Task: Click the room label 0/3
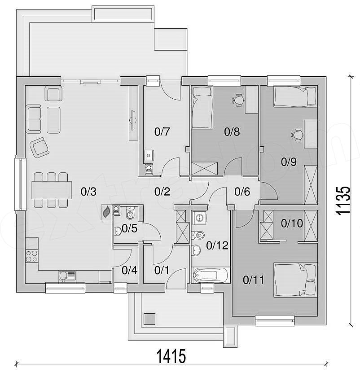[x=88, y=192]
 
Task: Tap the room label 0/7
[x=162, y=131]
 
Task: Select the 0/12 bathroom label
[x=217, y=245]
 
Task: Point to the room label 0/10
[x=292, y=223]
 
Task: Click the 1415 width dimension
[x=171, y=356]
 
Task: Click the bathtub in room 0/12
[x=211, y=275]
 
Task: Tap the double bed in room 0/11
[x=295, y=280]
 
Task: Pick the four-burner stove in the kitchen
[x=31, y=256]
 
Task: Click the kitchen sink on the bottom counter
[x=67, y=276]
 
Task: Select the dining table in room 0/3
[x=52, y=190]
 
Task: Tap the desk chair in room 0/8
[x=237, y=100]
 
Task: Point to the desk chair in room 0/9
[x=297, y=135]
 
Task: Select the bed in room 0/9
[x=295, y=96]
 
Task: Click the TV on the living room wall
[x=133, y=120]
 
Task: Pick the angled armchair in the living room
[x=40, y=147]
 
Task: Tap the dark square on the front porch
[x=149, y=319]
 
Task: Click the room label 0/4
[x=129, y=271]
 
